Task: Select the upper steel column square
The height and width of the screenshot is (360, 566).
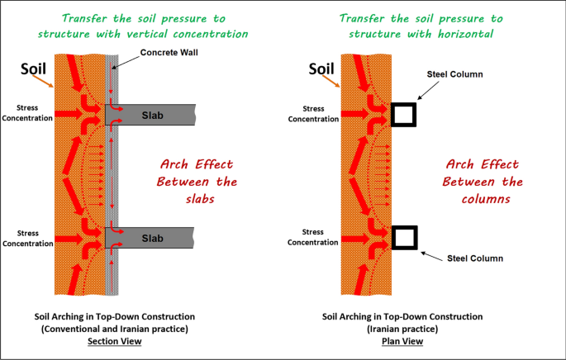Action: click(x=404, y=114)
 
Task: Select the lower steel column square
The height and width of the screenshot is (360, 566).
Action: click(x=404, y=237)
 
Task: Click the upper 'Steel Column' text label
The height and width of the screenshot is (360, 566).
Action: click(x=454, y=74)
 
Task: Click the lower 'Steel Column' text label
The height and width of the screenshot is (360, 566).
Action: click(x=475, y=258)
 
